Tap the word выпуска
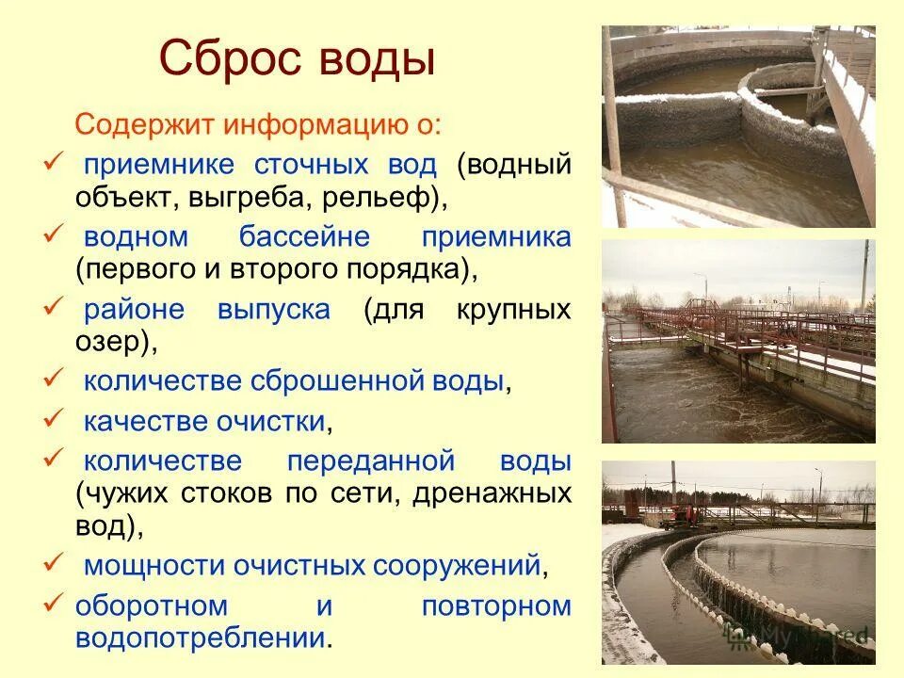pos(274,310)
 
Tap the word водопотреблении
pos(201,638)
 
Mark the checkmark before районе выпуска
pos(54,305)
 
